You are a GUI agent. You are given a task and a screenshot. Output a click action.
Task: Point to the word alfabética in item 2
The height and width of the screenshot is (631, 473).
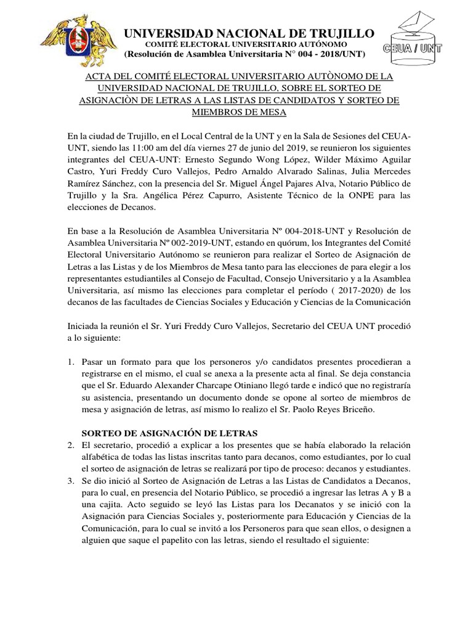(105, 457)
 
